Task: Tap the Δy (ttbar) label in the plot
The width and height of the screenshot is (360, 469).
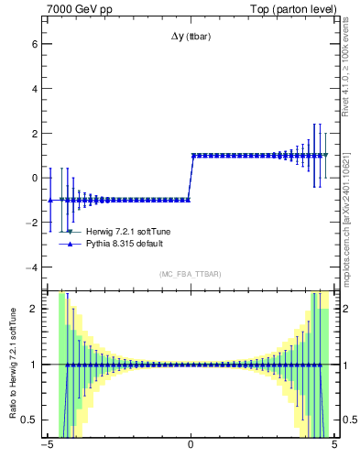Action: click(190, 37)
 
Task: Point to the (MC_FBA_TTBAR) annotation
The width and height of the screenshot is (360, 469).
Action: click(190, 274)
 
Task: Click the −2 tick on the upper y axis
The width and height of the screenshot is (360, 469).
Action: click(32, 223)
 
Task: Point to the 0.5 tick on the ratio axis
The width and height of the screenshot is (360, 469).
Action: click(31, 420)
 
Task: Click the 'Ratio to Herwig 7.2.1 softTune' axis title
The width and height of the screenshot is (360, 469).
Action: click(11, 364)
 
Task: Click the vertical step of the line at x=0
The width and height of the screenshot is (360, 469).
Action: click(191, 178)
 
